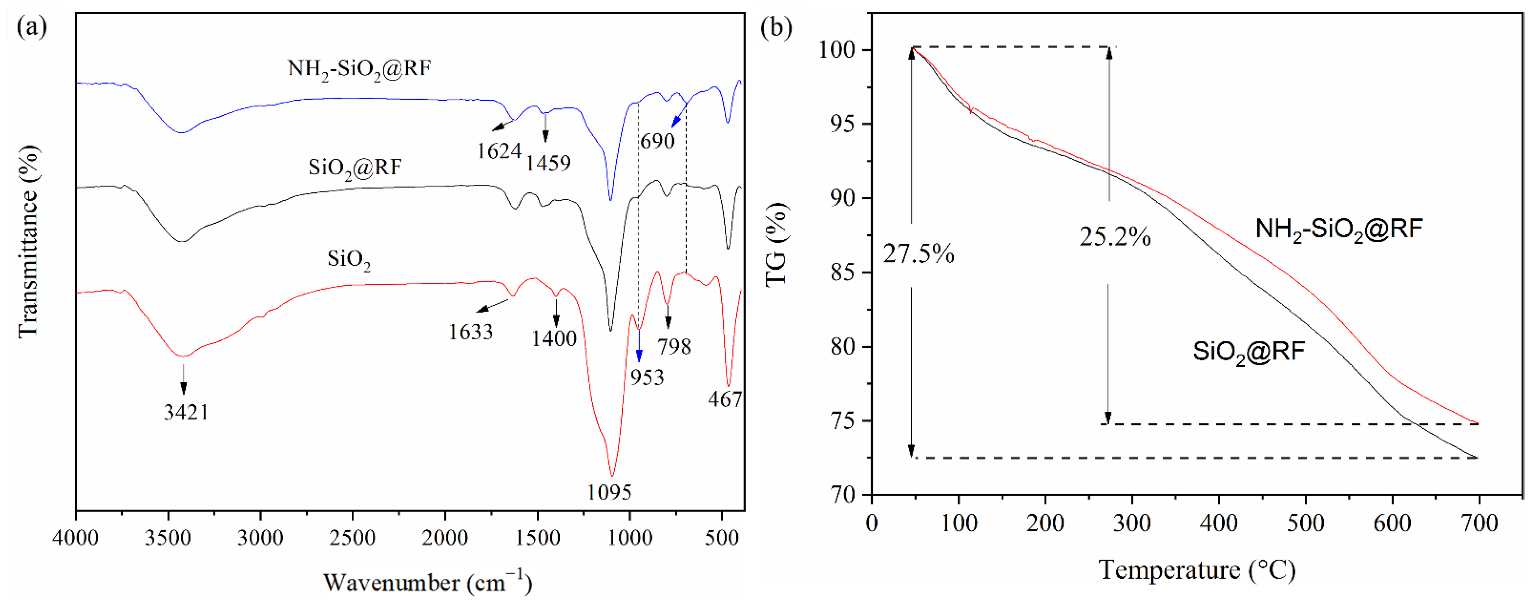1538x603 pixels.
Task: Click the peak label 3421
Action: pyautogui.click(x=186, y=412)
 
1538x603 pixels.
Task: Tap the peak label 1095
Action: pyautogui.click(x=609, y=492)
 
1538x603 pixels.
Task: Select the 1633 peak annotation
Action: pyautogui.click(x=471, y=332)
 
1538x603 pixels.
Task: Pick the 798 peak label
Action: pyautogui.click(x=674, y=346)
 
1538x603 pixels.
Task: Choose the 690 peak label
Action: pyautogui.click(x=657, y=142)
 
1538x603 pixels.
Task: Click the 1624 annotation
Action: pyautogui.click(x=499, y=151)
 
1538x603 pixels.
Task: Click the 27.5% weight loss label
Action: pyautogui.click(x=918, y=254)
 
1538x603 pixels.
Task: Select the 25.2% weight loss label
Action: pyautogui.click(x=1115, y=237)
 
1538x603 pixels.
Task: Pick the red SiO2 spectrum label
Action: pyautogui.click(x=349, y=260)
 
